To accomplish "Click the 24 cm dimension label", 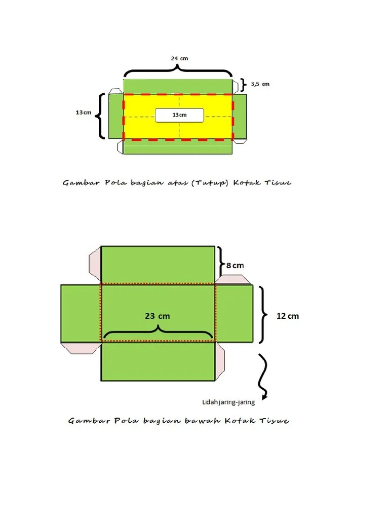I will tap(179, 58).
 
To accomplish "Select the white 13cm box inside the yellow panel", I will tap(179, 115).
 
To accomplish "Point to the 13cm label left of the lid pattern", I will tap(84, 112).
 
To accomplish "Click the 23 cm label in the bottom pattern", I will tap(157, 316).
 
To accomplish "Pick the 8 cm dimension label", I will tap(235, 265).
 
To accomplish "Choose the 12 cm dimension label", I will tap(287, 316).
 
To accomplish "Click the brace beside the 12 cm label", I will tap(264, 315).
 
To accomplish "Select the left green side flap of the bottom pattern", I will tap(81, 313).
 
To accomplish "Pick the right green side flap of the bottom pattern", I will tap(234, 313).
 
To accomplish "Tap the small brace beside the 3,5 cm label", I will tap(243, 84).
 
